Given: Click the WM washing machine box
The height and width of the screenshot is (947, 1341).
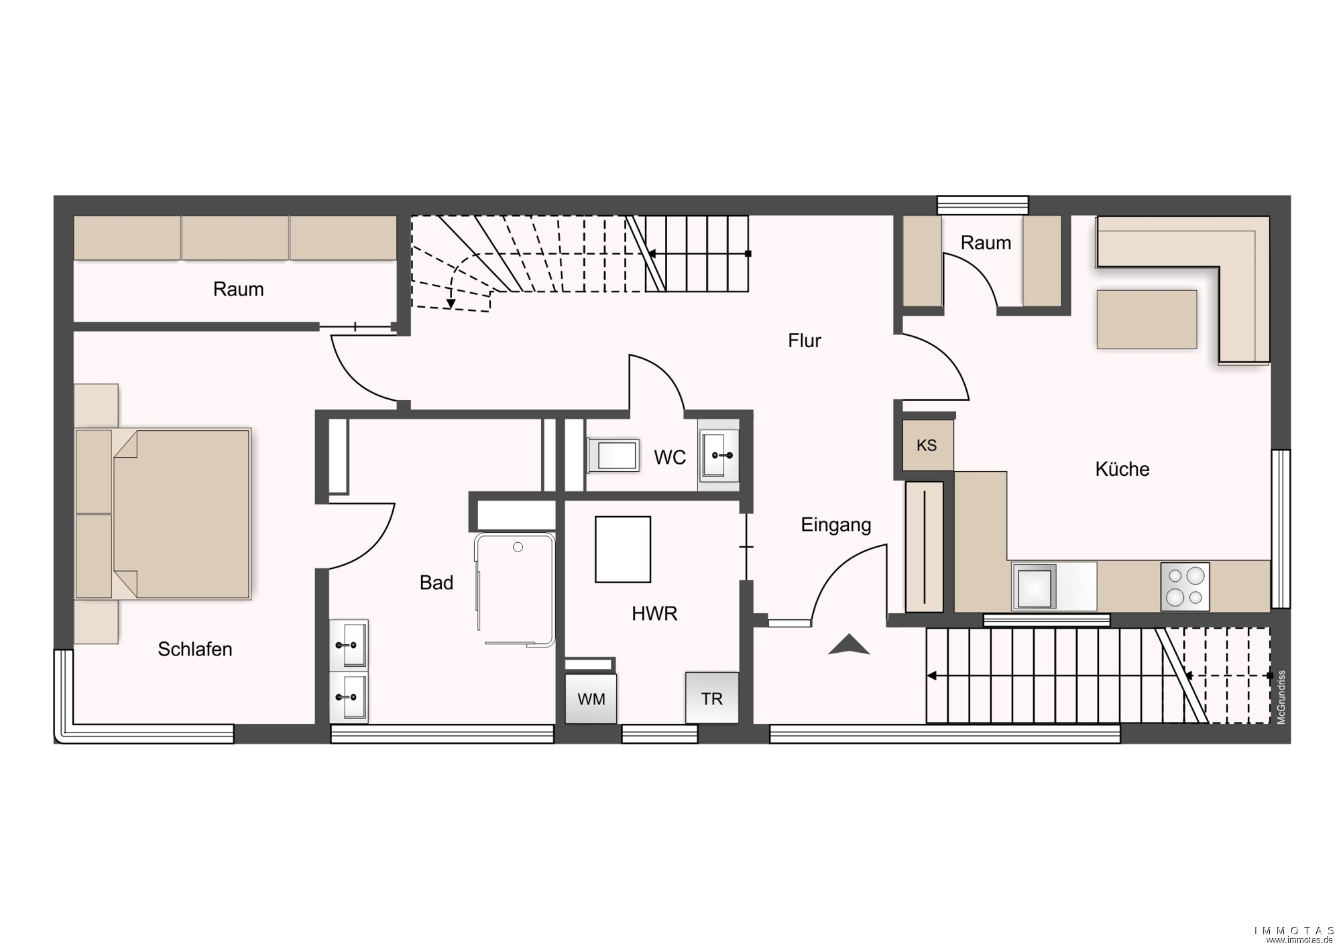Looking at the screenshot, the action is [591, 698].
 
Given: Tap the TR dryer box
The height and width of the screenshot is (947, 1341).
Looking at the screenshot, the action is [712, 698].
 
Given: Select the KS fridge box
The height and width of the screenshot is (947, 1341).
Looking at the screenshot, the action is [927, 445].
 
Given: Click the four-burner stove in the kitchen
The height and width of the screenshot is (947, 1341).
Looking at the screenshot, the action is [1185, 586].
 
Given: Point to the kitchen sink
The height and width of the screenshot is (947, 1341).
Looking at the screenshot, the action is [1035, 586].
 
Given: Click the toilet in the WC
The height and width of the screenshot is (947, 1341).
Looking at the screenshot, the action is [613, 455].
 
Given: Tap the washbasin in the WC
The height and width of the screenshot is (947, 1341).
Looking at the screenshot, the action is [719, 456].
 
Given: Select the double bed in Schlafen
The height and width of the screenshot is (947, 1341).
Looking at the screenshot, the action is [163, 513].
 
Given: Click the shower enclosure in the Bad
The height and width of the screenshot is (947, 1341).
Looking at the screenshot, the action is [515, 590].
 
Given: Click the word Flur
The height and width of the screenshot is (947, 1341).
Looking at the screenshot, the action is [805, 341].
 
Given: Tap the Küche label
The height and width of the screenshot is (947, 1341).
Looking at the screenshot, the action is [1122, 469].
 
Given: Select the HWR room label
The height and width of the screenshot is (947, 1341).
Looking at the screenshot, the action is [654, 613].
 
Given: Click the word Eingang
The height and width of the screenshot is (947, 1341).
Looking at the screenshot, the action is [836, 525].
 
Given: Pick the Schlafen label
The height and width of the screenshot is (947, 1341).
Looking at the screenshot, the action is [195, 649].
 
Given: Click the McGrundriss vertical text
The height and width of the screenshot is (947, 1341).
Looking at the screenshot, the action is [1281, 697].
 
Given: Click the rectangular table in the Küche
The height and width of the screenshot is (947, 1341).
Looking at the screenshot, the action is [1147, 319].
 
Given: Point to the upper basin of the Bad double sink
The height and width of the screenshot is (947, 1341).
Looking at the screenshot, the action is [349, 645].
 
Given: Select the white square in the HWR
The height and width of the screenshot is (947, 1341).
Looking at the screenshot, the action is [623, 549].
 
